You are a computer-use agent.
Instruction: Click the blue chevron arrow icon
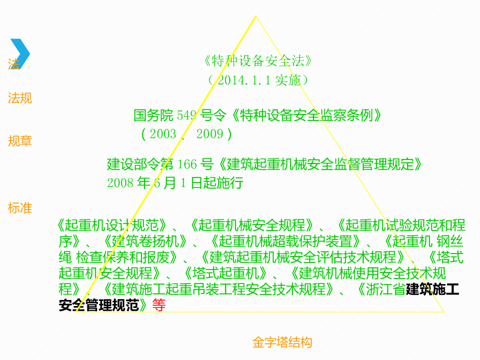[x=20, y=53]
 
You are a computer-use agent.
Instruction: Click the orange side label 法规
[x=20, y=98]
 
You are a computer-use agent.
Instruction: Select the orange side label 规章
[x=20, y=141]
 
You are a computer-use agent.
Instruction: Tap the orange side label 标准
[x=20, y=208]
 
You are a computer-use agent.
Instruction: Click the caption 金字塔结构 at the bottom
[x=282, y=343]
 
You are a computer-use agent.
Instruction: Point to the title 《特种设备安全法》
[x=258, y=61]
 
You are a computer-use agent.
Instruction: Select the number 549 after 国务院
[x=187, y=115]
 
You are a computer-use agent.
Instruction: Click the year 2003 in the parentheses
[x=163, y=135]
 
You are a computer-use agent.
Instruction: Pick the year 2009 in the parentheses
[x=210, y=135]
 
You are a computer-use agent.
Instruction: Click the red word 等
[x=159, y=306]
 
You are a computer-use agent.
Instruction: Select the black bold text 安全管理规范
[x=99, y=306]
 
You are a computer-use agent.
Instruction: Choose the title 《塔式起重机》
[x=225, y=273]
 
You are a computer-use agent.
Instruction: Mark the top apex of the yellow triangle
[x=255, y=16]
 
